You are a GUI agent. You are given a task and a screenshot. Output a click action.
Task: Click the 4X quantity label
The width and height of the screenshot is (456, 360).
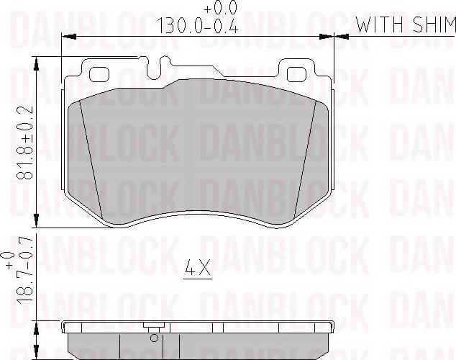[x=196, y=271]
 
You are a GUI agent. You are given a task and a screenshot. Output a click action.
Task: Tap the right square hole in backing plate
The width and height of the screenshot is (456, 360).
[x=296, y=74]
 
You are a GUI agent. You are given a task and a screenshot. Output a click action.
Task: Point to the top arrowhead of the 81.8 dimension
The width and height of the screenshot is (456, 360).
[x=36, y=63]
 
